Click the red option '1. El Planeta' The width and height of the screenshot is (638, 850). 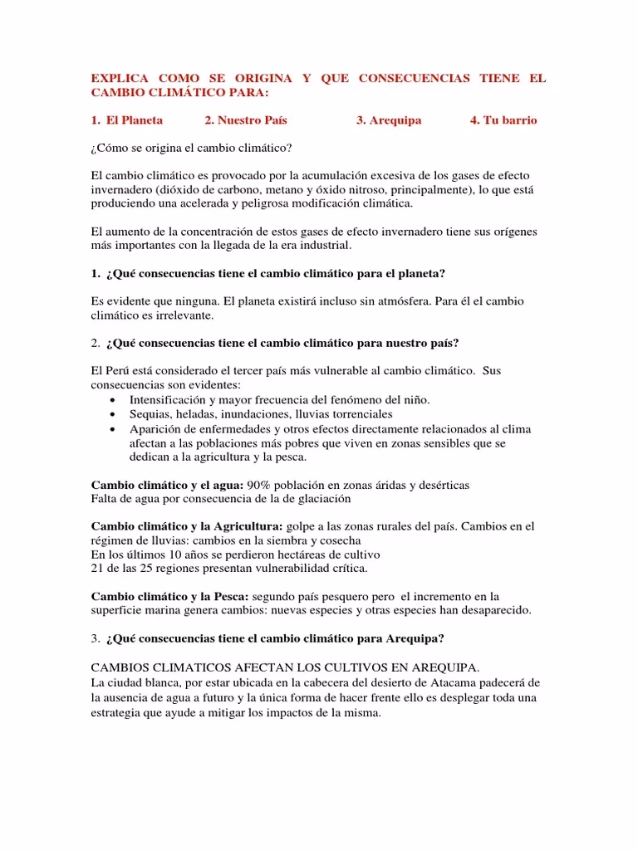pos(127,120)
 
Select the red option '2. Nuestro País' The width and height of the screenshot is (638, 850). pos(246,120)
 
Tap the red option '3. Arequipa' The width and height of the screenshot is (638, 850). pos(389,120)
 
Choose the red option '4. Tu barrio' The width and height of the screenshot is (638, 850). pos(503,120)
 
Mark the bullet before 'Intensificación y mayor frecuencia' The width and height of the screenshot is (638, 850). pos(113,400)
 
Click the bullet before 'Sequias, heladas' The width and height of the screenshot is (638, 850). pos(113,414)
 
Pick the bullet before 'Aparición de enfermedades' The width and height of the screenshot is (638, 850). pos(113,429)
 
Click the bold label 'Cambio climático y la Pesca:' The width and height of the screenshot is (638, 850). pos(169,596)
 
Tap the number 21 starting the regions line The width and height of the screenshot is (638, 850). pos(97,569)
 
